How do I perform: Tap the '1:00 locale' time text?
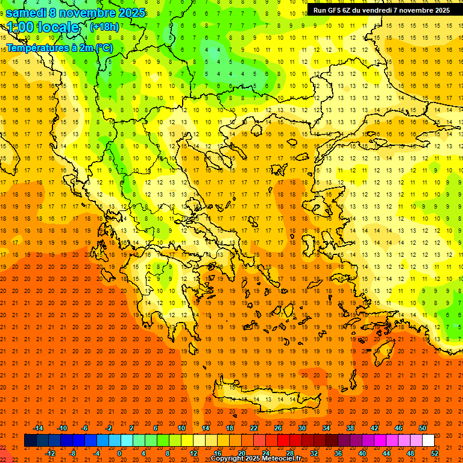tap(43, 27)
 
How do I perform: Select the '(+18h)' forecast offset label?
tap(104, 27)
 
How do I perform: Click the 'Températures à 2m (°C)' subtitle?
tap(60, 48)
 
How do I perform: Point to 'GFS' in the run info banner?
tap(336, 10)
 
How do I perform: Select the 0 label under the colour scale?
tap(119, 453)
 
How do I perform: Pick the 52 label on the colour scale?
tap(435, 453)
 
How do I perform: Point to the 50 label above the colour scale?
tap(422, 428)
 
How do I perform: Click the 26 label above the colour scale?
tap(278, 428)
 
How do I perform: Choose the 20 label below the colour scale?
tap(242, 453)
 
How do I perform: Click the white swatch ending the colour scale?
tap(428, 441)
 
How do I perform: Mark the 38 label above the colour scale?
tap(350, 428)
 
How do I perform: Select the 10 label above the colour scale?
tap(181, 428)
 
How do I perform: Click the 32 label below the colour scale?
tap(314, 453)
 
